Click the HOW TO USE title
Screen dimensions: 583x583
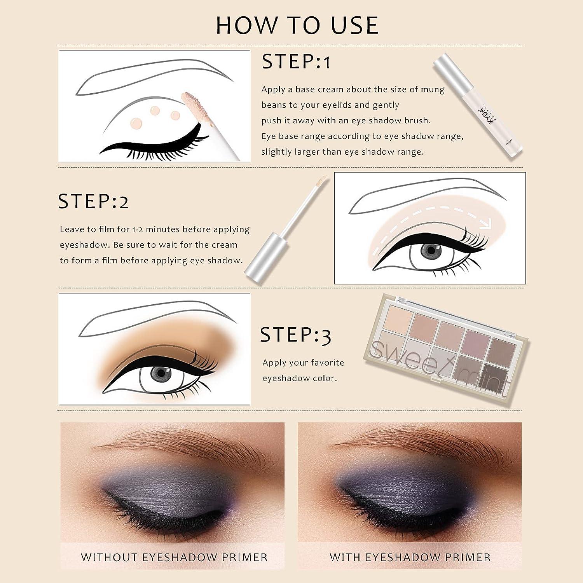(x=297, y=26)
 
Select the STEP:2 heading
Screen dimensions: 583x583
(x=93, y=202)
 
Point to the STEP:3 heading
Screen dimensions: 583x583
(x=295, y=335)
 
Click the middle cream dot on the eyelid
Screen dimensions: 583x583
(x=155, y=111)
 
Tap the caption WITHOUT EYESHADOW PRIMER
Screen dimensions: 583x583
(x=174, y=557)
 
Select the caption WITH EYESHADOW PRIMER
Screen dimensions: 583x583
(x=410, y=557)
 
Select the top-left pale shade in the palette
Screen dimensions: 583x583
(x=398, y=319)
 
